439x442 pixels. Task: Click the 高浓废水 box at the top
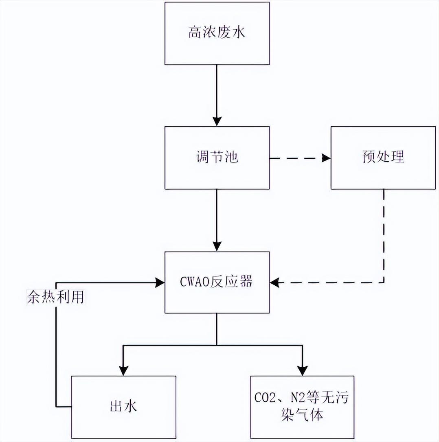pos(217,33)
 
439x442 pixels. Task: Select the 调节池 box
pos(217,158)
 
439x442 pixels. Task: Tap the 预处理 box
pos(383,158)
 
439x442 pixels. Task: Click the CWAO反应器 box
pos(217,282)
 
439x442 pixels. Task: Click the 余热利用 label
pos(55,297)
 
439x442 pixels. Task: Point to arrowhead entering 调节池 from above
pos(217,121)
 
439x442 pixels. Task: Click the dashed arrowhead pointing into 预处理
pos(326,158)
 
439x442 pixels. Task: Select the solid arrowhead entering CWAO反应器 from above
pos(217,246)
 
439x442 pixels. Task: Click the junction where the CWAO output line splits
pos(217,345)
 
